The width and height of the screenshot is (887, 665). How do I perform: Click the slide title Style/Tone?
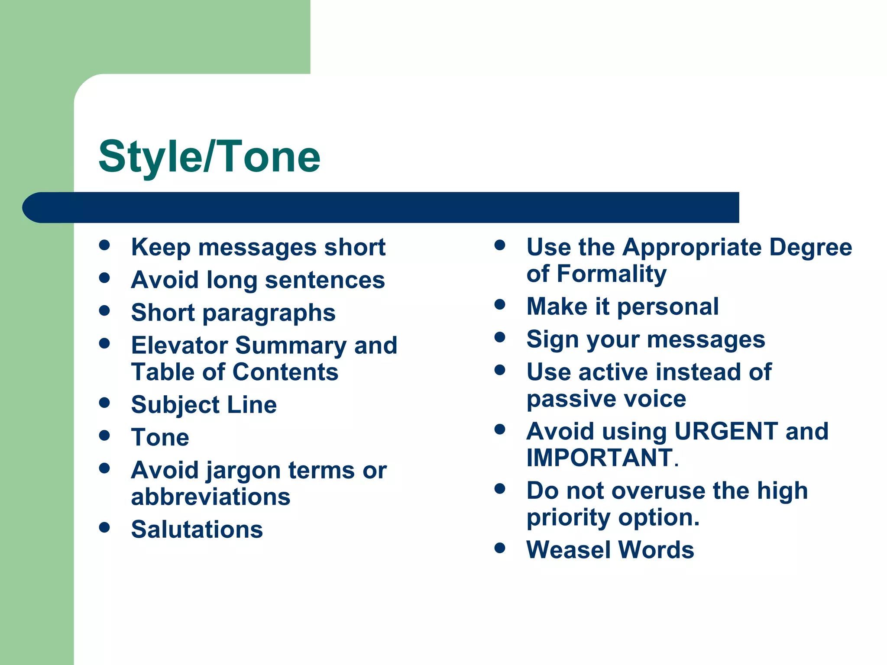pos(209,157)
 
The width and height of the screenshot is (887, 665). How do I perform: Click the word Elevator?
pos(179,345)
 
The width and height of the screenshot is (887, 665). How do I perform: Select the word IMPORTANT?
pos(599,458)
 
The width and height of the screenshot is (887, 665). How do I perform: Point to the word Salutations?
pos(197,529)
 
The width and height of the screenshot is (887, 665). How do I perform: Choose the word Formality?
pos(612,274)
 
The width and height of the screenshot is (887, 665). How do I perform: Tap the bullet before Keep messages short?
pos(104,245)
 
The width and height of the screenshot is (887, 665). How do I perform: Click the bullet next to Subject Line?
pos(104,403)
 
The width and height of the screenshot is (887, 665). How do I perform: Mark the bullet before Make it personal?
pos(500,304)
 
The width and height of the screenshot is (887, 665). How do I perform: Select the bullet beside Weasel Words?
pos(500,548)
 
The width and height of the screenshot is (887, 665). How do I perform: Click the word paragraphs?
pos(269,313)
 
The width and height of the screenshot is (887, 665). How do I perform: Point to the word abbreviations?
pos(210,497)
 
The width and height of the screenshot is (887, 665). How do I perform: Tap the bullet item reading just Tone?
pos(160,437)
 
